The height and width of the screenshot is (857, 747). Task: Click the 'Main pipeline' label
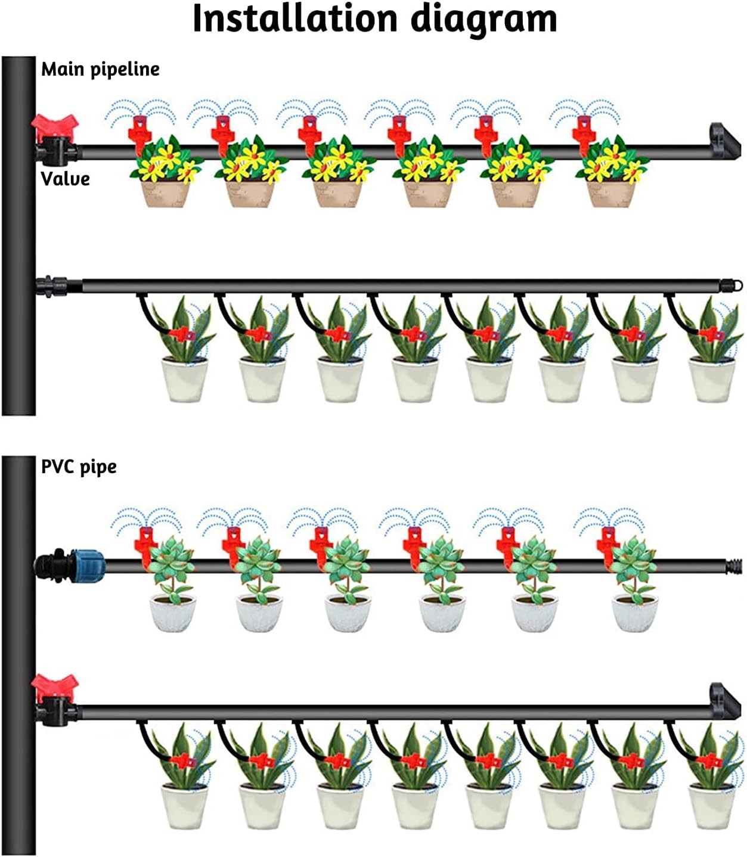click(x=100, y=69)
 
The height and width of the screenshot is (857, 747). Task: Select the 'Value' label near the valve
click(x=65, y=178)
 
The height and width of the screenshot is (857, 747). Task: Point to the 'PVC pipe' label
click(x=79, y=466)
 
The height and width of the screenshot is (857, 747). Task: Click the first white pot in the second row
click(x=185, y=378)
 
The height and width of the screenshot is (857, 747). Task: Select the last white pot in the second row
click(x=711, y=378)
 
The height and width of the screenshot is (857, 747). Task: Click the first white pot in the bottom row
click(x=185, y=806)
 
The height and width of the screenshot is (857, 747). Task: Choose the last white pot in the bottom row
click(x=711, y=806)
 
